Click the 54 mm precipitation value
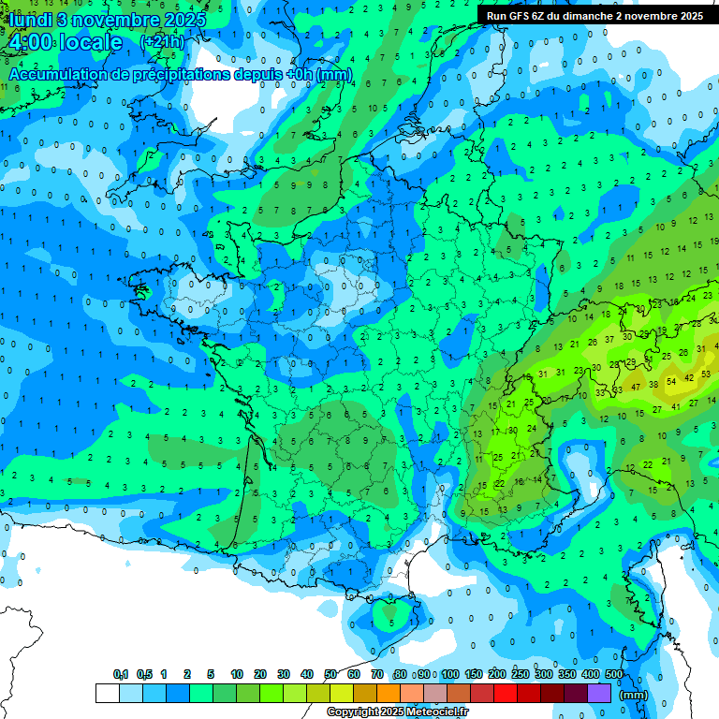click(x=670, y=382)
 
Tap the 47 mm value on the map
click(x=637, y=387)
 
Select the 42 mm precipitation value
click(x=689, y=377)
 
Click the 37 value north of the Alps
click(x=609, y=339)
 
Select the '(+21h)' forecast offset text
click(x=162, y=43)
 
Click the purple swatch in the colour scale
click(x=599, y=694)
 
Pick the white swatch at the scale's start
click(x=107, y=694)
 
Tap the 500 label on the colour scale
click(x=614, y=674)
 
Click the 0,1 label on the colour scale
click(x=120, y=674)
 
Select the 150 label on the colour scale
click(x=474, y=674)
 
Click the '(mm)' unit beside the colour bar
click(x=634, y=695)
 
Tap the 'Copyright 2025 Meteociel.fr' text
click(x=398, y=712)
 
